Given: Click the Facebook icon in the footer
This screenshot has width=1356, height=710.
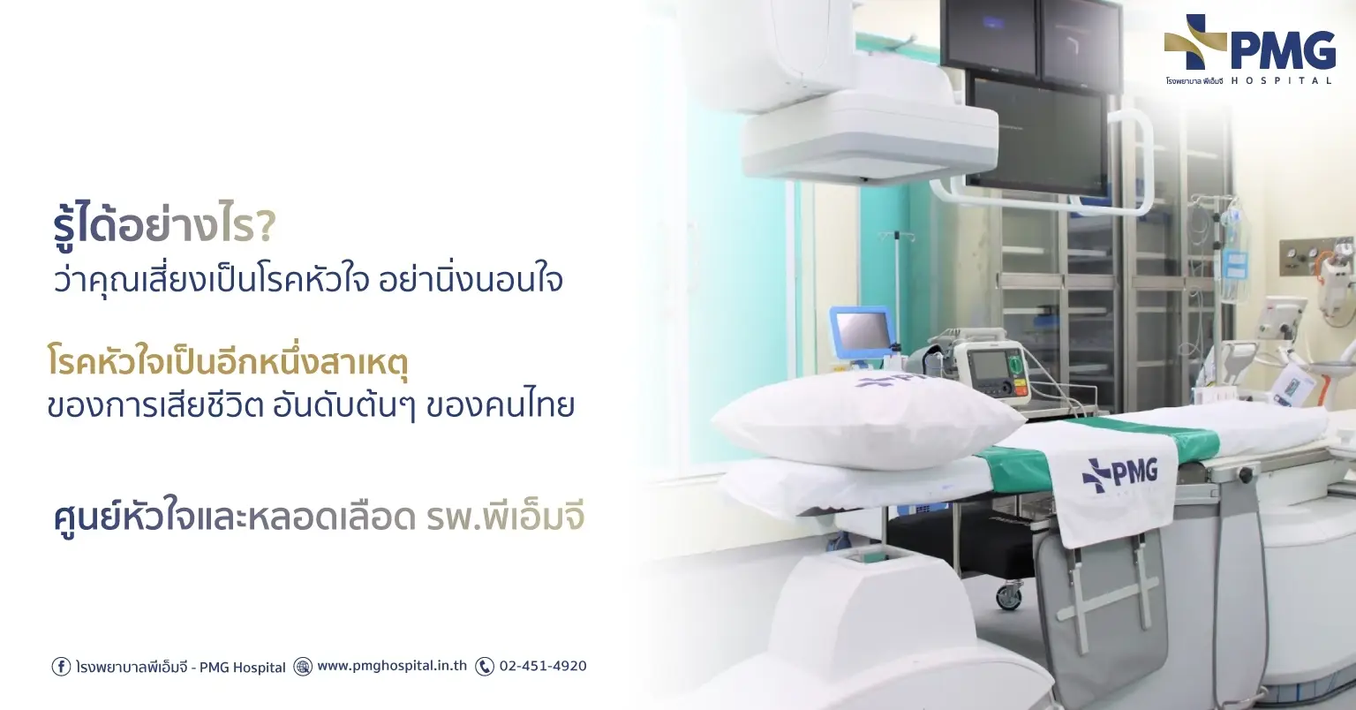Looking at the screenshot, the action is (x=61, y=667).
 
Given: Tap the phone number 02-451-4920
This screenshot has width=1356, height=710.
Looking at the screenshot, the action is (x=542, y=666).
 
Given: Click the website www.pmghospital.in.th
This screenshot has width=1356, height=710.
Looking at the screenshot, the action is (x=392, y=666).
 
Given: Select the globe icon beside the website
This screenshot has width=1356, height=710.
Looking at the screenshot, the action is (x=303, y=667).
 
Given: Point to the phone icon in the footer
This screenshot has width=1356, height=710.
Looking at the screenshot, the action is (x=485, y=667).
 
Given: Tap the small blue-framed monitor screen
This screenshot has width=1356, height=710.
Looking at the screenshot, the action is (x=862, y=335).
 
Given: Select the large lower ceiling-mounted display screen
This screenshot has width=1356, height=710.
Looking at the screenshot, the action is (x=1038, y=133).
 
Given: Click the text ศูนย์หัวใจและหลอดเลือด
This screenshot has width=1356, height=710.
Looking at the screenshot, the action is (x=234, y=518).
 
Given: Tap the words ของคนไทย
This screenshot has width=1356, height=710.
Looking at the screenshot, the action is (x=500, y=405).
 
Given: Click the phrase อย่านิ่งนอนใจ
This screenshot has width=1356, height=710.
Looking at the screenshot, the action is (x=471, y=281).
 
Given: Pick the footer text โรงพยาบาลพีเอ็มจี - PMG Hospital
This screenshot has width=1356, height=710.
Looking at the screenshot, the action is (x=181, y=667).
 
